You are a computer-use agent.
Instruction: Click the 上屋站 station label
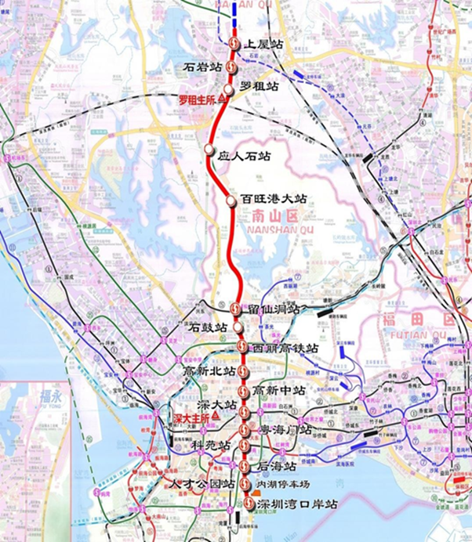(x=264, y=45)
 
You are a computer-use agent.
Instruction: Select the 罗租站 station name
(x=260, y=86)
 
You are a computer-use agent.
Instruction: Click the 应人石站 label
(x=243, y=157)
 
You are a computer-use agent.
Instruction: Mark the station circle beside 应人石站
(x=209, y=149)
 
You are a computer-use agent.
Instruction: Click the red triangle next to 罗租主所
(x=222, y=99)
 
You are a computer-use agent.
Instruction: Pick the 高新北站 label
(x=209, y=370)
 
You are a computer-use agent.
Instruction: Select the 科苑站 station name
(x=211, y=445)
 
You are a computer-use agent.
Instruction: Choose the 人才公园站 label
(x=203, y=483)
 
